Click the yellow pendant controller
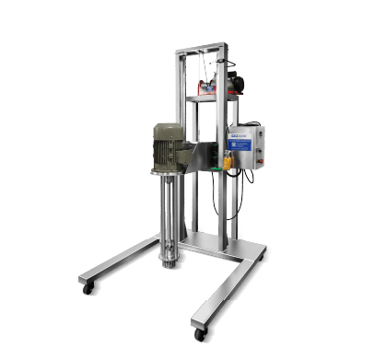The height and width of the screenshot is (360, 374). point(228,165)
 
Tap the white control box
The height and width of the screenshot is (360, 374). point(246,147)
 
